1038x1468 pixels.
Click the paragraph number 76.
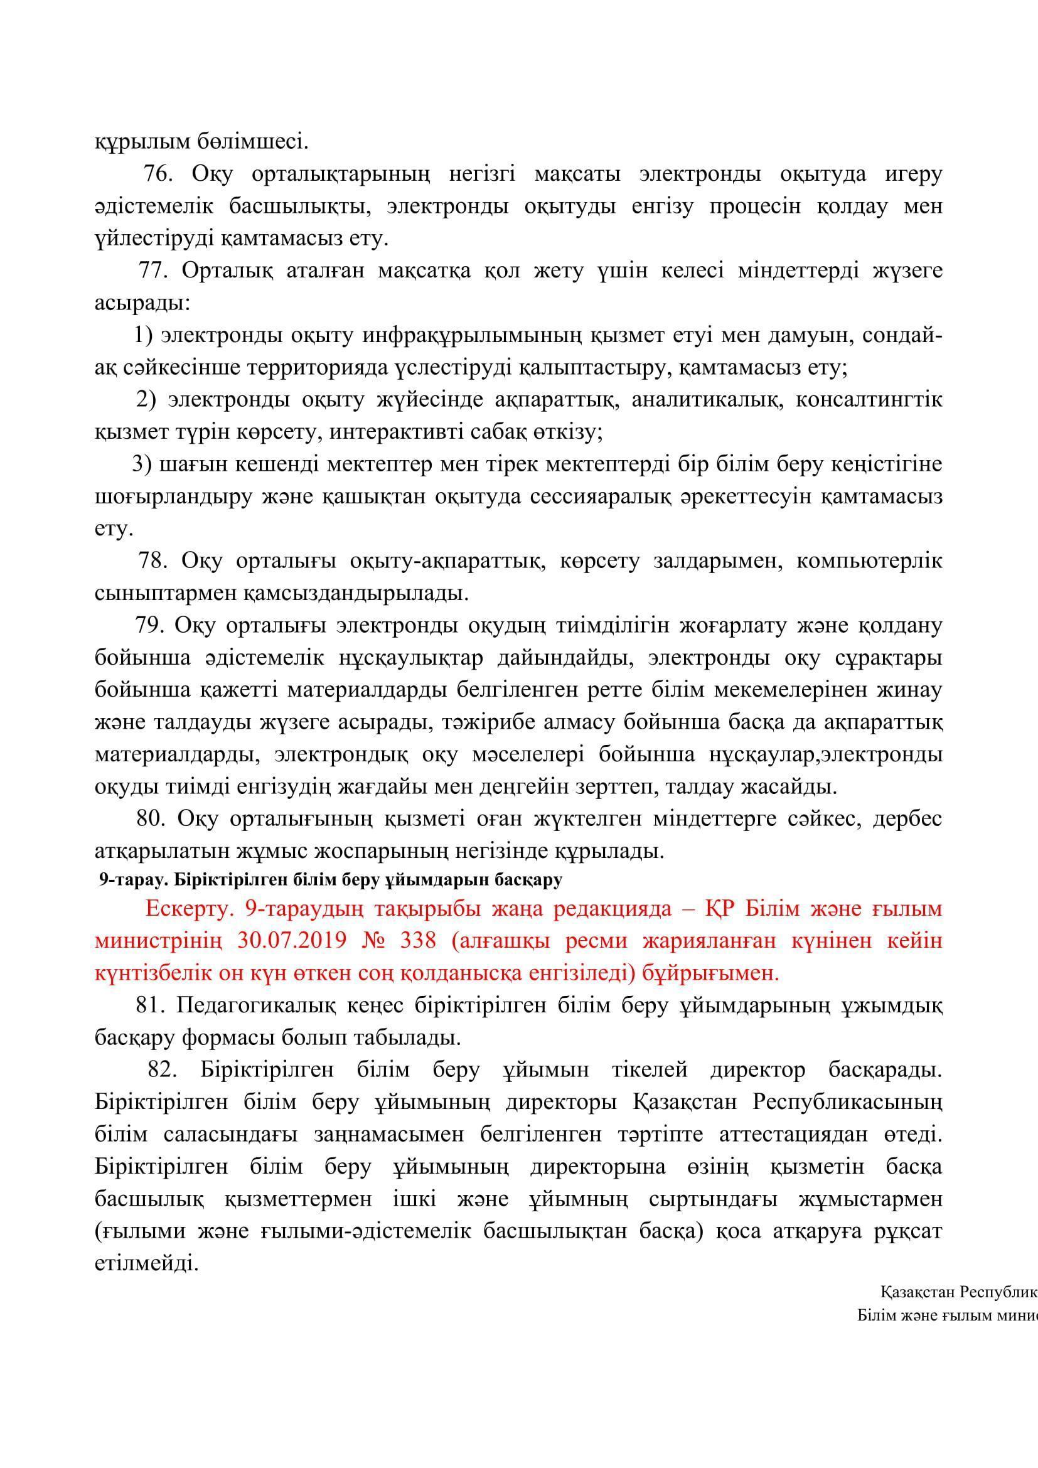(x=158, y=174)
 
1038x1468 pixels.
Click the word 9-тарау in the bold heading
(x=126, y=881)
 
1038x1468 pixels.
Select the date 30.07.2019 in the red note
(x=289, y=941)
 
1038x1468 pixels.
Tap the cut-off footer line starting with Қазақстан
(x=959, y=1292)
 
